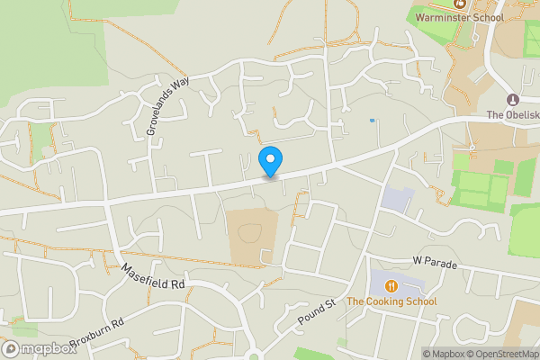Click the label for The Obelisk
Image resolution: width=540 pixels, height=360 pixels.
coord(512,114)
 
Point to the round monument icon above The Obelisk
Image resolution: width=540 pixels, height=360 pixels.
coord(513,99)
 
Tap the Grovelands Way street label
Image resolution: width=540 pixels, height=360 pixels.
coord(168,105)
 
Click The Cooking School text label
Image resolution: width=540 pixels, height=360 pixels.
coord(391,301)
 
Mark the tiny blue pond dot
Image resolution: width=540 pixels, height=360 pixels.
coord(372,120)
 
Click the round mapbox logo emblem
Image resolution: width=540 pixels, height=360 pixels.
coord(11,348)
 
